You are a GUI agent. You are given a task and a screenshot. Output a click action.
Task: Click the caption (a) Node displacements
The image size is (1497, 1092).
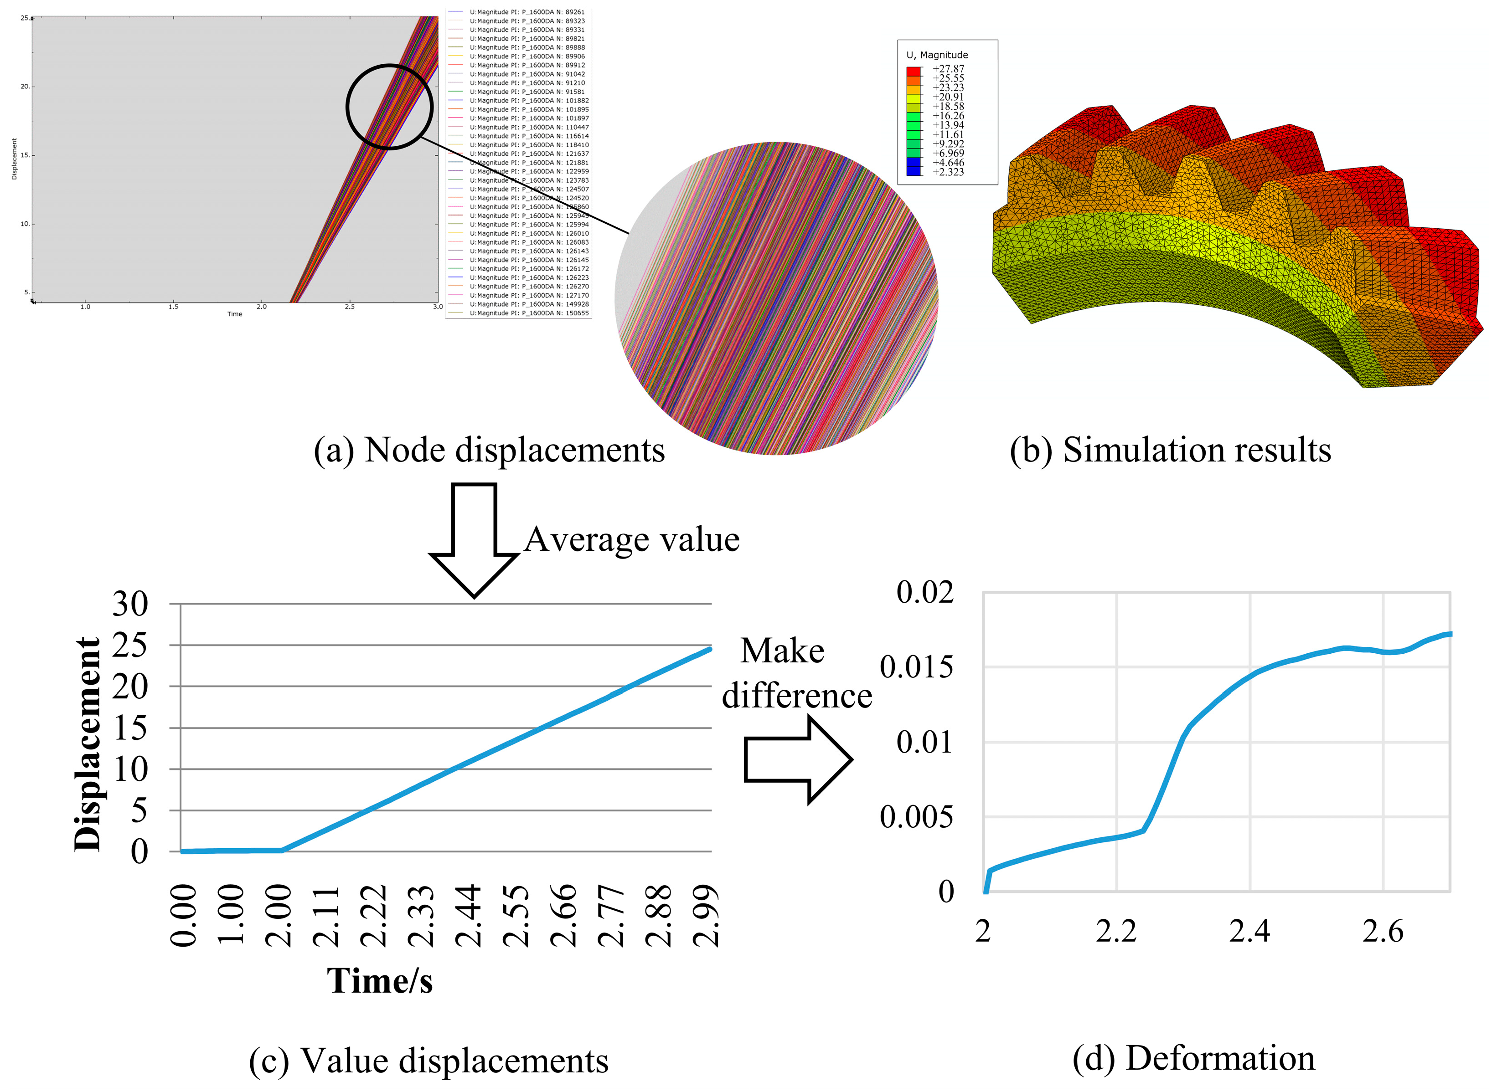point(489,450)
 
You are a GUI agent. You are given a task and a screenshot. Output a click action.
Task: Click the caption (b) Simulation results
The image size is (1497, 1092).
point(1170,450)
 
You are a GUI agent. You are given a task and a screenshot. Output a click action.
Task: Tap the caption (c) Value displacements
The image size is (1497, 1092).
point(428,1061)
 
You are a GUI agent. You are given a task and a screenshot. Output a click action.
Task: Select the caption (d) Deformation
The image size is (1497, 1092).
point(1193,1058)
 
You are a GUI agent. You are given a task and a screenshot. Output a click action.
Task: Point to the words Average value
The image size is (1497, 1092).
point(631,539)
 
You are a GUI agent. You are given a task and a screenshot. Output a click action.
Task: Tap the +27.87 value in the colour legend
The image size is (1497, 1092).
point(948,69)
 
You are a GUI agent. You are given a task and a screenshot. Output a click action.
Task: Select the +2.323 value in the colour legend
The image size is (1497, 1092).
point(948,172)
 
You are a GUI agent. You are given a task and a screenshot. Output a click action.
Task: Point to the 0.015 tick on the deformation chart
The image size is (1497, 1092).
point(916,667)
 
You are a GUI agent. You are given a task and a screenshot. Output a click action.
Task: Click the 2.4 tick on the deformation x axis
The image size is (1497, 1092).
point(1249,931)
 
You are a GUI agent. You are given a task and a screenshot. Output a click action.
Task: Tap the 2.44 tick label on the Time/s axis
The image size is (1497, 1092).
point(468,916)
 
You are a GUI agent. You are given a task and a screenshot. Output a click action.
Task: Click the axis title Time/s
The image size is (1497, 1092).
point(380,980)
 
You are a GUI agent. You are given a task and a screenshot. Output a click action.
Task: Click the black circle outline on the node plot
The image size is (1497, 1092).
point(347,106)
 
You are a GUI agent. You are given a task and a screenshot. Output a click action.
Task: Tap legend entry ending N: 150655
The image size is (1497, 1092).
point(528,313)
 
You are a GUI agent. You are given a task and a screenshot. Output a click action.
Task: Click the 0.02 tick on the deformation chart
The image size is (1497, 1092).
point(924,592)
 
